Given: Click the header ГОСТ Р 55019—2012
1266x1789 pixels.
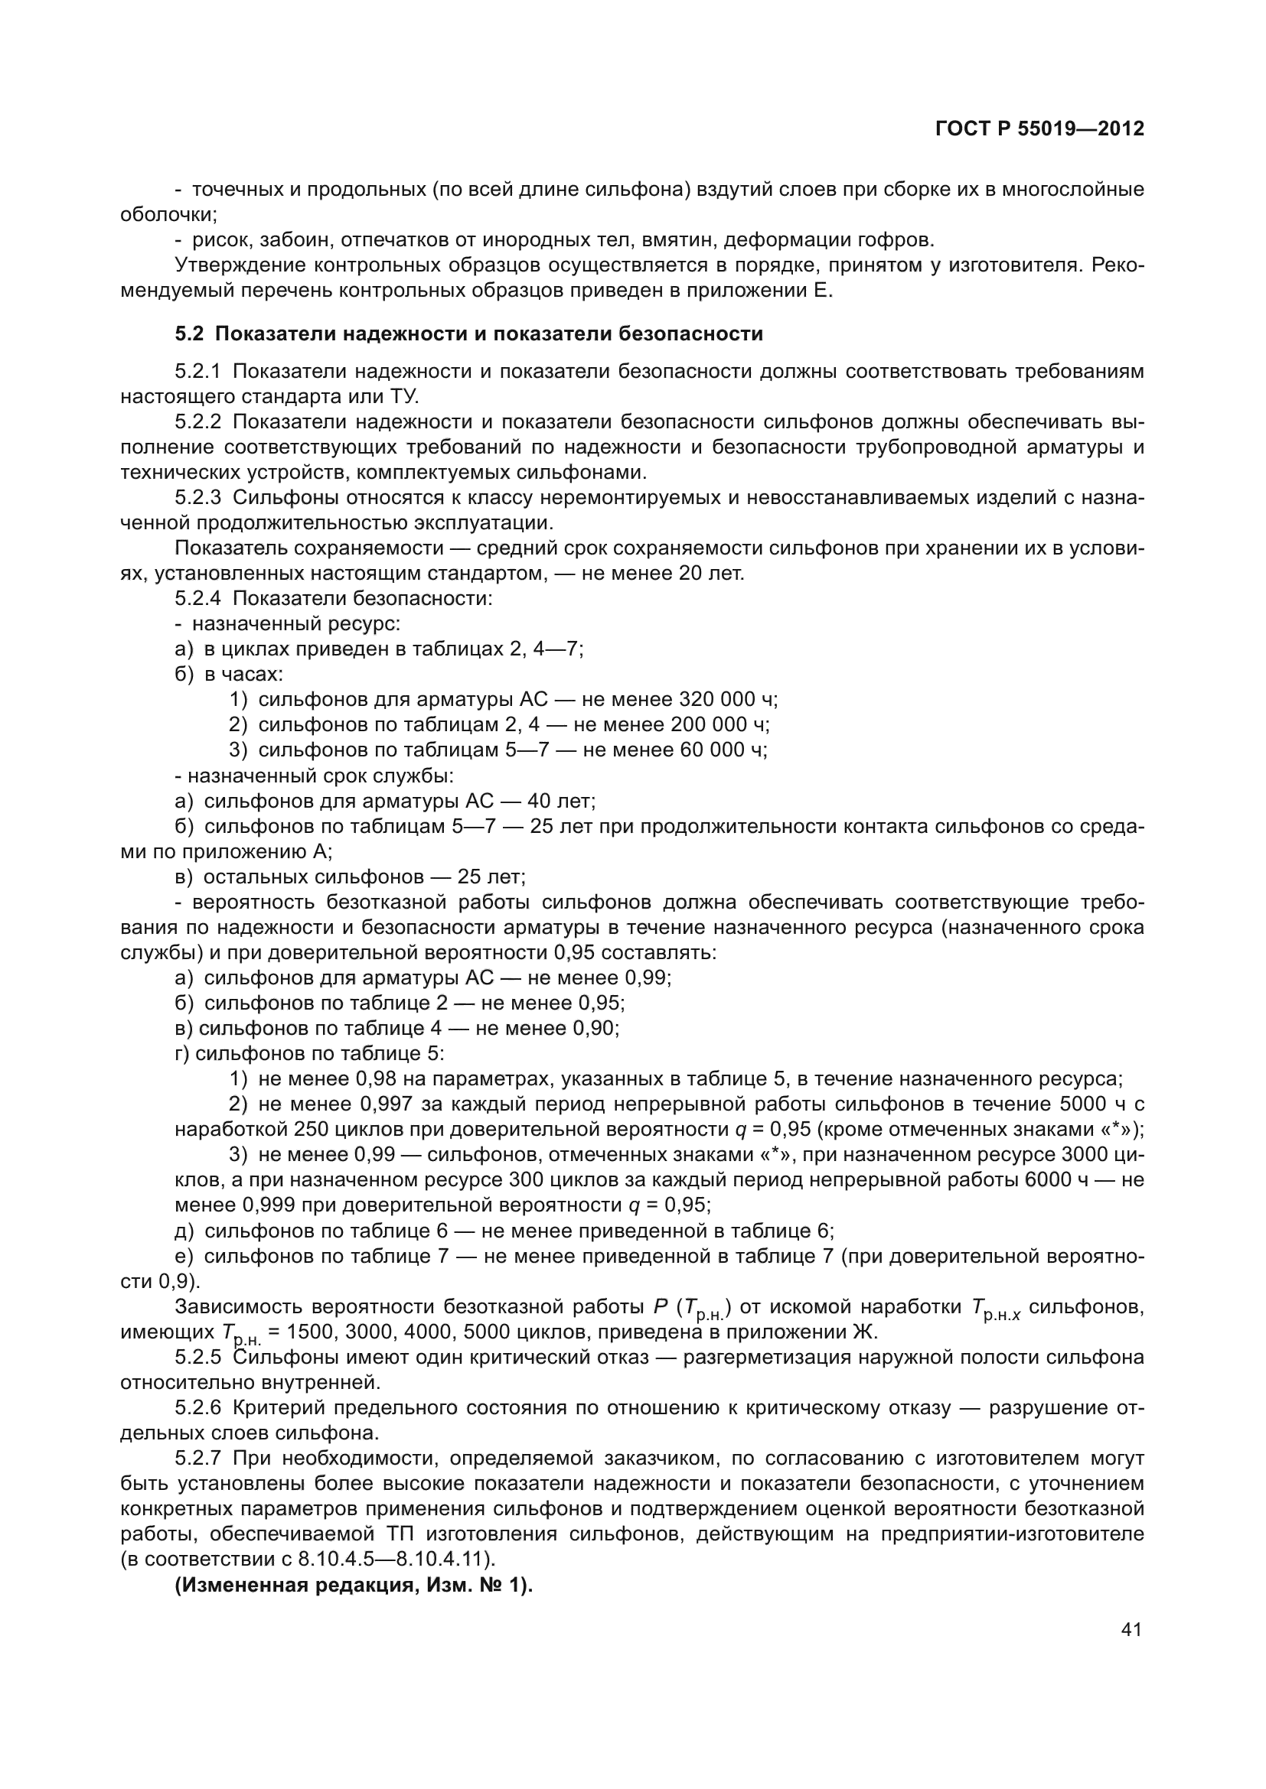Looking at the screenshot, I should [1039, 128].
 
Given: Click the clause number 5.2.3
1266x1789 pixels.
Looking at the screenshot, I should [199, 497].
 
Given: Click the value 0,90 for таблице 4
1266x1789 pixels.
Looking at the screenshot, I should [595, 1028].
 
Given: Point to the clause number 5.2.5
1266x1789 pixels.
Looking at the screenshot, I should [199, 1357].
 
